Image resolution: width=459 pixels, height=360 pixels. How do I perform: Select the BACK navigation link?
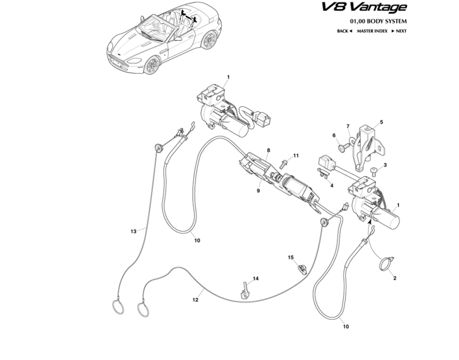344,30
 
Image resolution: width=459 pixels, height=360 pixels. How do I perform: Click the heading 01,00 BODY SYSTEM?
377,20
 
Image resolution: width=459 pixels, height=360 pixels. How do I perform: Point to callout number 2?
395,278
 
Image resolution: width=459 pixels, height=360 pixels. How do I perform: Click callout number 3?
385,165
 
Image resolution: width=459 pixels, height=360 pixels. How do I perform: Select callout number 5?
381,122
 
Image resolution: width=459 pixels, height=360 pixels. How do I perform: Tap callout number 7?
347,126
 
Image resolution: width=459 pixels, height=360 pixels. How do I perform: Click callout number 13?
134,230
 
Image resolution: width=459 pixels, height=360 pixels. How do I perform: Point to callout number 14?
255,278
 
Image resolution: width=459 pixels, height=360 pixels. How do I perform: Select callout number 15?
290,257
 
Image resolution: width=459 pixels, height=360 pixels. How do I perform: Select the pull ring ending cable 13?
118,306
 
